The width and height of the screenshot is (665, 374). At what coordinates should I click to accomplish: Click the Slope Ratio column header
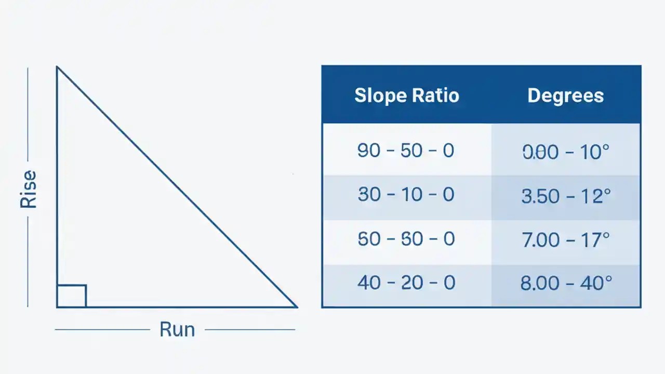(406, 96)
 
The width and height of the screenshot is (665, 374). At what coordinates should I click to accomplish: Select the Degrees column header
(565, 96)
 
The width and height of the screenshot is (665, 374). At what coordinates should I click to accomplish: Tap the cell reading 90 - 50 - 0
(406, 151)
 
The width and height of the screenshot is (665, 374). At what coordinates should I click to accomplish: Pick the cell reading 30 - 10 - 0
(406, 195)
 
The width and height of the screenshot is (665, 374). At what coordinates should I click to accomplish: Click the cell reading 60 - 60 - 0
(406, 239)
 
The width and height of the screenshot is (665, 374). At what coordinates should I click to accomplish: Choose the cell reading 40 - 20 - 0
(406, 283)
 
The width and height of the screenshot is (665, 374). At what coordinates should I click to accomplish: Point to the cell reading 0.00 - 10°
(565, 152)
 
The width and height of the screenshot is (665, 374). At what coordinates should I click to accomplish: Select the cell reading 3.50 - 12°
(565, 196)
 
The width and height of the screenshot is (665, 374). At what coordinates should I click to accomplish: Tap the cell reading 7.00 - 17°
(565, 239)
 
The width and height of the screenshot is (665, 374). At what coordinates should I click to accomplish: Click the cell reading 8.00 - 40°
(565, 283)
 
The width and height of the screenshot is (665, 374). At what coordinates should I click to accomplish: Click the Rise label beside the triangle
(29, 189)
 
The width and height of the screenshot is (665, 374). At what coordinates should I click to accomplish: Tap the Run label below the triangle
(177, 329)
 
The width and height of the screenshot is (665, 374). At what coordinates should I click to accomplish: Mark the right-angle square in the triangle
(72, 296)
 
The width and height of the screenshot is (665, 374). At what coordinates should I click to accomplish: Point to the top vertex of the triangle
(57, 67)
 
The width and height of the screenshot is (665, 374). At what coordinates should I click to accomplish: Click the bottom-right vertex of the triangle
(297, 307)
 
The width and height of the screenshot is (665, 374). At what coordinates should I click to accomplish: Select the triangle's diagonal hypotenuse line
(177, 187)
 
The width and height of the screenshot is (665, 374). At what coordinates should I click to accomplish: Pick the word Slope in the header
(380, 96)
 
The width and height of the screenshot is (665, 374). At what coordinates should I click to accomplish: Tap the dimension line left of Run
(102, 329)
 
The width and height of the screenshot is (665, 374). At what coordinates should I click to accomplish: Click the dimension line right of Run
(250, 329)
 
